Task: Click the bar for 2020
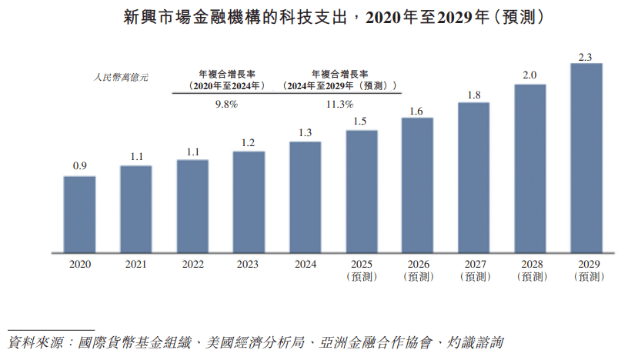point(79,214)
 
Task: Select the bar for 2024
point(305,196)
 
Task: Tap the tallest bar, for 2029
point(586,157)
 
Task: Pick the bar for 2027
point(473,177)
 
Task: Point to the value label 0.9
point(79,166)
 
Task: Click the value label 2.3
point(586,55)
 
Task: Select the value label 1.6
point(417,111)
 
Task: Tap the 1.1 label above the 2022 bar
point(192,151)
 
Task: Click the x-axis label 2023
point(249,264)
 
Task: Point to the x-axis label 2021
point(136,264)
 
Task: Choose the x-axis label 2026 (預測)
point(417,270)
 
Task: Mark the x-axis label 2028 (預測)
point(529,270)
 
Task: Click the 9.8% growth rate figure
point(226,104)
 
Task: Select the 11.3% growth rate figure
point(339,104)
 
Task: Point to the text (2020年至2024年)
point(226,86)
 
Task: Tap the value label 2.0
point(529,75)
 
